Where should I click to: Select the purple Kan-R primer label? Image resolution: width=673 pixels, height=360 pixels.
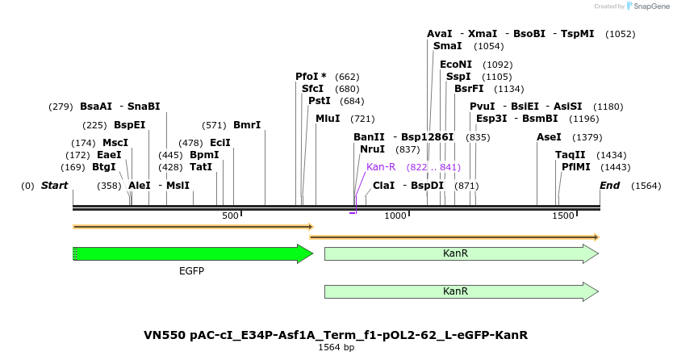pos(381,167)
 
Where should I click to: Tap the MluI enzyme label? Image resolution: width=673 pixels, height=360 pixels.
pos(328,119)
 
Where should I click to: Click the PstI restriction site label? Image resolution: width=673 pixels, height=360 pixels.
pos(320,101)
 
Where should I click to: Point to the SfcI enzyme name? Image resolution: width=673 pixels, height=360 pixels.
pos(313,89)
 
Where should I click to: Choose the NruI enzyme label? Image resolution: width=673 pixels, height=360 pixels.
pos(372,149)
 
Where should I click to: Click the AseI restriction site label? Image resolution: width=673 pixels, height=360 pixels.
pos(549,137)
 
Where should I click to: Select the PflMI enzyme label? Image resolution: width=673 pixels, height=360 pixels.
pos(576,167)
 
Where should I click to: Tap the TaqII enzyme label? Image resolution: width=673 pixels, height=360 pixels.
pos(571,155)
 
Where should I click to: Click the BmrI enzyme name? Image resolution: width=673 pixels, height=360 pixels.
pos(247,125)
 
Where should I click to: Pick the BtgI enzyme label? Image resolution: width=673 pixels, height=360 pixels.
pos(104,167)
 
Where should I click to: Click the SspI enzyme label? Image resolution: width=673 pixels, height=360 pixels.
pos(458,77)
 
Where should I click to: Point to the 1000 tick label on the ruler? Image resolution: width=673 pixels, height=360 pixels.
pos(395,216)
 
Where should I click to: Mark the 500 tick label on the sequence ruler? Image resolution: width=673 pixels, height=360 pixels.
pos(230,216)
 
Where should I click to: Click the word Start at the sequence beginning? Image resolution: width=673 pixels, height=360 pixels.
pos(54,186)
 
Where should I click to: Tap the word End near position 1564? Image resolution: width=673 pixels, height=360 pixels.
pos(609,186)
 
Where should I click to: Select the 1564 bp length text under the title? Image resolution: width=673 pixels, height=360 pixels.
pos(336,348)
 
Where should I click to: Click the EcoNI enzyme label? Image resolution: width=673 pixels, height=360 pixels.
pos(456,65)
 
